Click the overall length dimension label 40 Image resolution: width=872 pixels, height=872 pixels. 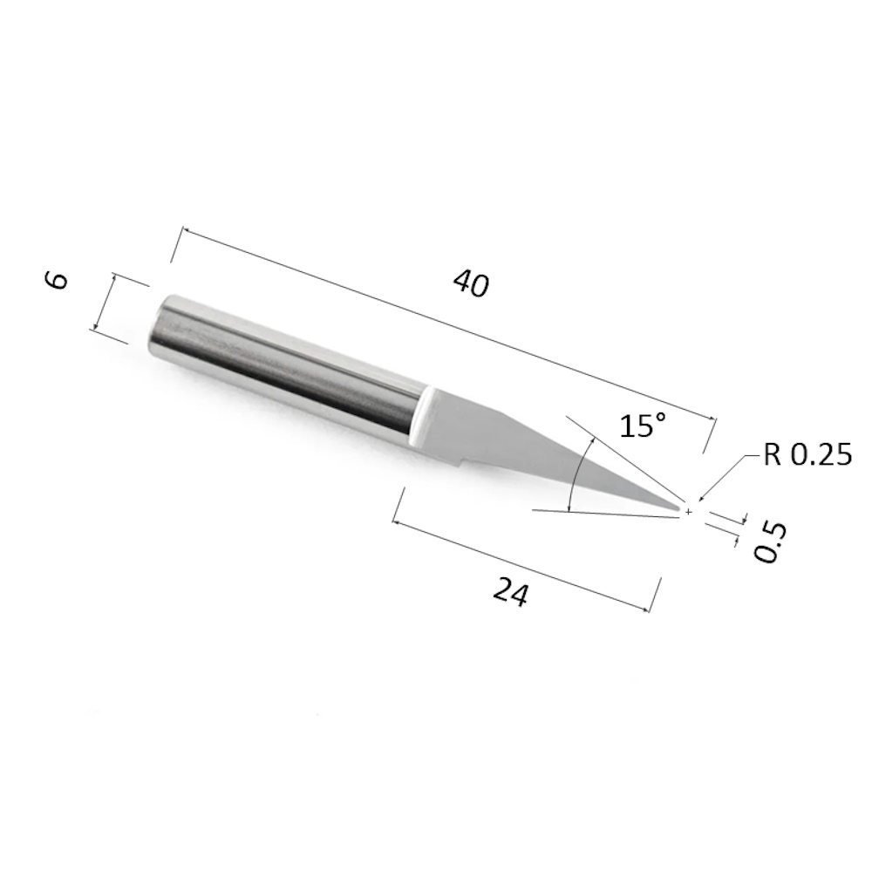[471, 283]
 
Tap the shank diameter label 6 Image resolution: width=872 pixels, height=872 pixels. [57, 280]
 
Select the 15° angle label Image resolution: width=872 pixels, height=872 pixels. [643, 425]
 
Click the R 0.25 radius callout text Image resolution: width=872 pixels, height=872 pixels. [807, 454]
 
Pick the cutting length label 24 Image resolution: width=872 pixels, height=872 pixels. [510, 592]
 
